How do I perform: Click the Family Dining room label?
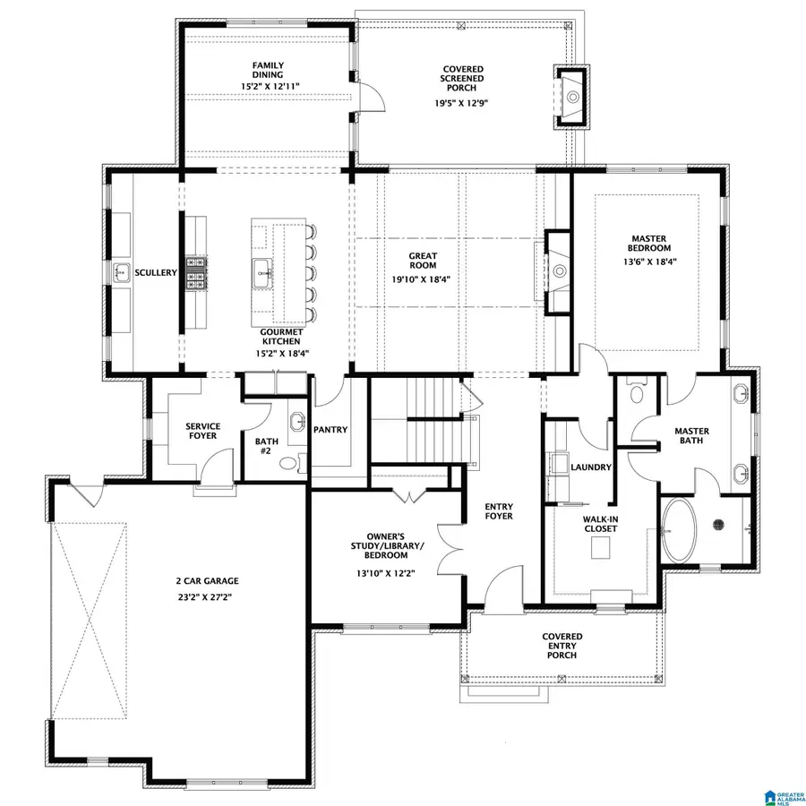pos(269,69)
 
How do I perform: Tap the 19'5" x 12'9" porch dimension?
pos(462,102)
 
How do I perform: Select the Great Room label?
pos(423,261)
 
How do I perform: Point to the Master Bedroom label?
pos(649,242)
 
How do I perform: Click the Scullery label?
pos(155,272)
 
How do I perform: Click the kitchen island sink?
pos(262,271)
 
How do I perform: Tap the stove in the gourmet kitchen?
pos(196,272)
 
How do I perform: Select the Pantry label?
pos(330,430)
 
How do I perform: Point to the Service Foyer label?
pos(202,432)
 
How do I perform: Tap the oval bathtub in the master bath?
pos(683,530)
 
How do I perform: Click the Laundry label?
pos(592,467)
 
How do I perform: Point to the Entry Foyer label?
pos(499,511)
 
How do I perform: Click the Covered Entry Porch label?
pos(562,646)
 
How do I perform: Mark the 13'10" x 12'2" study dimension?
pos(386,572)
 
